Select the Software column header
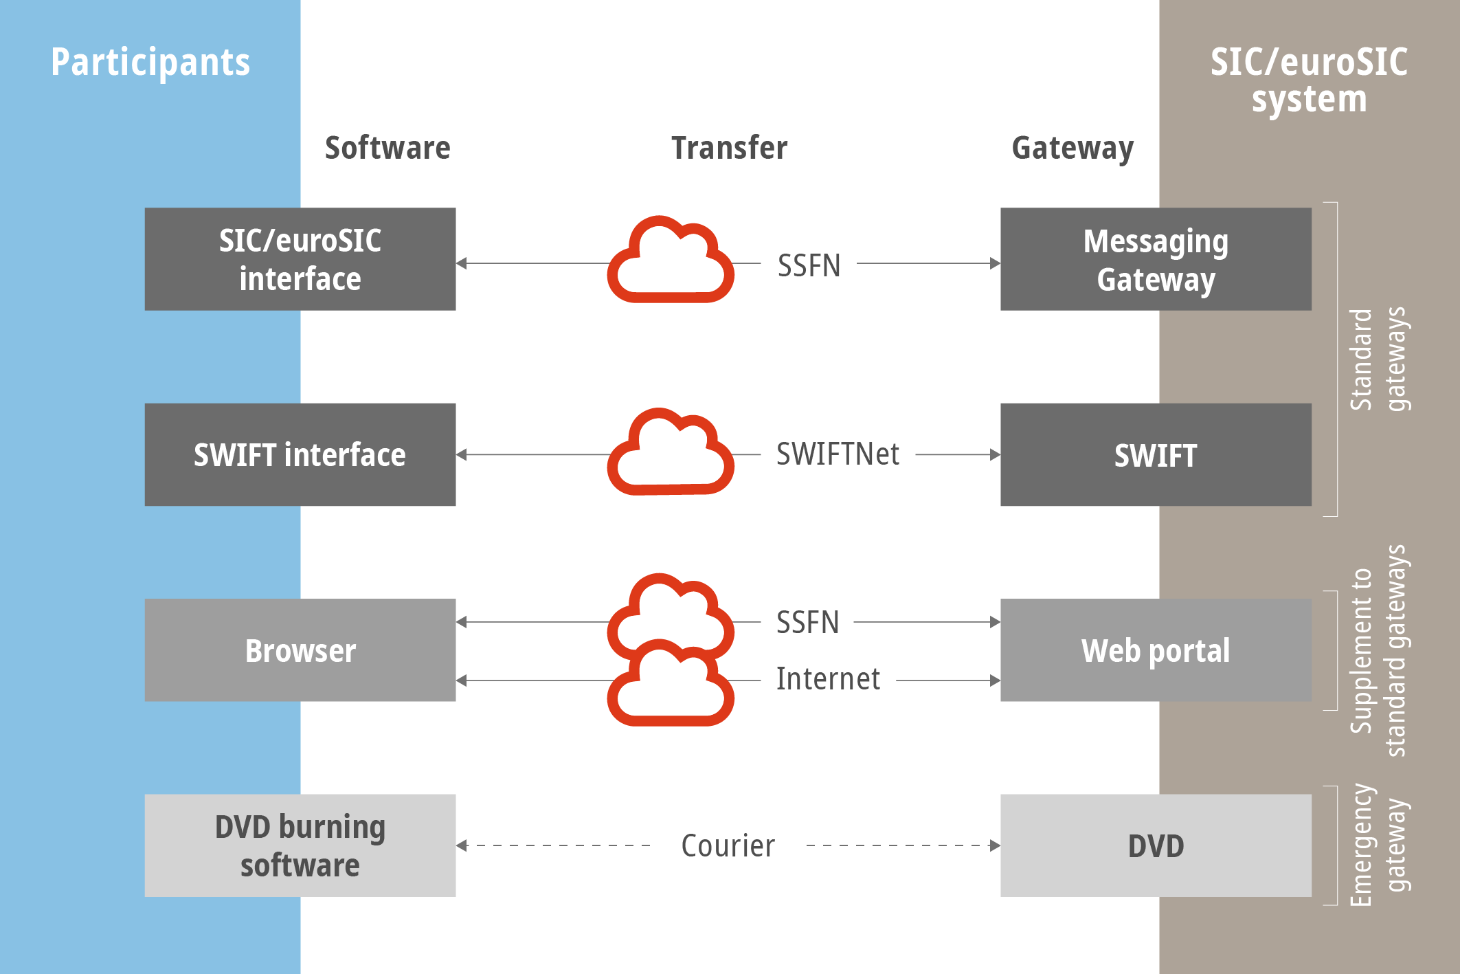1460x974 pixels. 388,148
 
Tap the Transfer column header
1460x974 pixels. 729,148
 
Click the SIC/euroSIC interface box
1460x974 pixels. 300,259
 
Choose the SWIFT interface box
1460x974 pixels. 300,454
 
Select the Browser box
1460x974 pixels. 300,650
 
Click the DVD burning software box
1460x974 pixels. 300,845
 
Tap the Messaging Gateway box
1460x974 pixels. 1156,259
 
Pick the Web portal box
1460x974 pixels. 1156,650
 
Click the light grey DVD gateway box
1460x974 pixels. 1156,845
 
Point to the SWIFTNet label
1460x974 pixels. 838,454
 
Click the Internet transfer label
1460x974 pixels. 828,679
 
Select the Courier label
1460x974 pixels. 728,846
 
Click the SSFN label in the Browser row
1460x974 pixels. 807,623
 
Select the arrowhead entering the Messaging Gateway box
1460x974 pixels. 995,263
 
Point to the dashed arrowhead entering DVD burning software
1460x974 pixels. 462,845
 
